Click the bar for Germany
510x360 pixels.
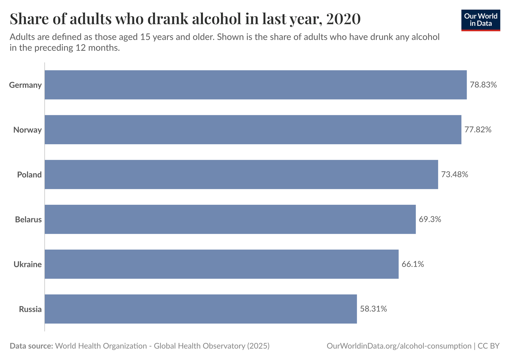coord(256,85)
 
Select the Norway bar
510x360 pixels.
coord(253,130)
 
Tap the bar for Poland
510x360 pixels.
coord(241,174)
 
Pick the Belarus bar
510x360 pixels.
coord(230,219)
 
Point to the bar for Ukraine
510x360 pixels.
coord(221,264)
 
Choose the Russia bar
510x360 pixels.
coord(201,309)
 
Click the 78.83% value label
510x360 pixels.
coord(483,85)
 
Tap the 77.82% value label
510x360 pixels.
coord(478,130)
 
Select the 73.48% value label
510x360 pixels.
coord(454,174)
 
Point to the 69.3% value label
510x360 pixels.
coord(430,219)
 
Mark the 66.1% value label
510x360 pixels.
coord(413,264)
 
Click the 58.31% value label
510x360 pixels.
coord(373,309)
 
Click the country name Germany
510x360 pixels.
coord(25,85)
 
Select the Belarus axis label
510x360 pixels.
coord(28,220)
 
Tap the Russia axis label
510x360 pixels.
coord(30,309)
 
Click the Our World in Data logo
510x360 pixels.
coord(480,20)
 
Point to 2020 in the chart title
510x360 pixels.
coord(343,19)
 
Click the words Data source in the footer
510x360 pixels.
coord(31,346)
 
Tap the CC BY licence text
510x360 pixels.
coord(488,346)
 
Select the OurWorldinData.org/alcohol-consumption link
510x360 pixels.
coord(399,346)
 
